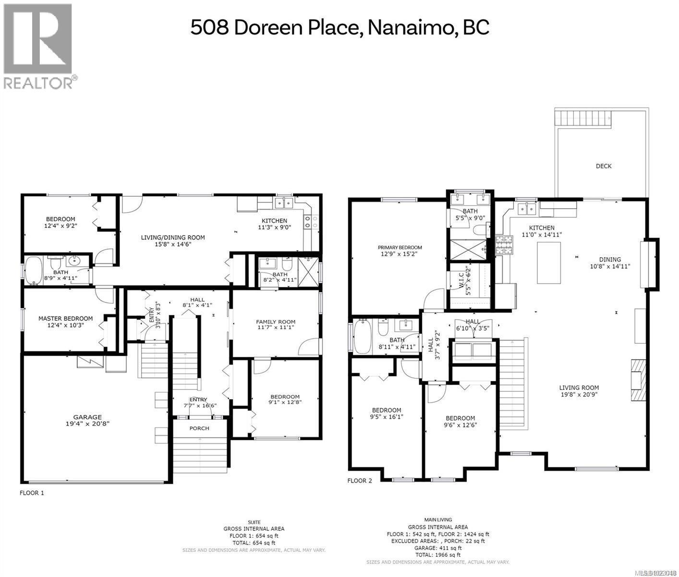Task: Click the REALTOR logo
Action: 38,46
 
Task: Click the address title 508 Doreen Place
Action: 339,27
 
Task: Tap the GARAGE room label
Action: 87,417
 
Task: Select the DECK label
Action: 604,166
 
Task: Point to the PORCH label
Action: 199,428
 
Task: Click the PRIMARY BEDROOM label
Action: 400,248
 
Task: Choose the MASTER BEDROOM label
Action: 65,318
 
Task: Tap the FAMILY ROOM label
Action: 276,322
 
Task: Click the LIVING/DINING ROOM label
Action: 172,237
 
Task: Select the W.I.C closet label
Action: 461,281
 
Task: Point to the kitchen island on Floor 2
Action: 549,263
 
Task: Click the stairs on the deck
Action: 584,117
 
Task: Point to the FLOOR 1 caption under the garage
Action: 32,493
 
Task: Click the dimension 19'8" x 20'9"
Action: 579,395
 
